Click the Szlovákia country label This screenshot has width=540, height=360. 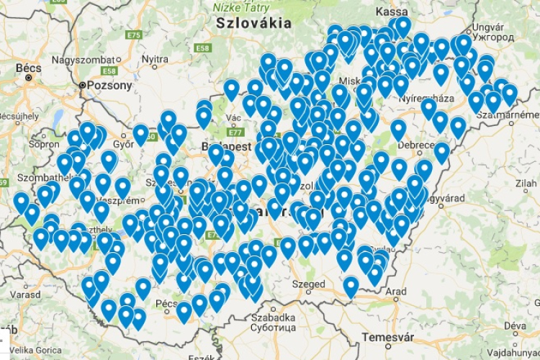(x=254, y=23)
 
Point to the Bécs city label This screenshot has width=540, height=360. (x=28, y=68)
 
